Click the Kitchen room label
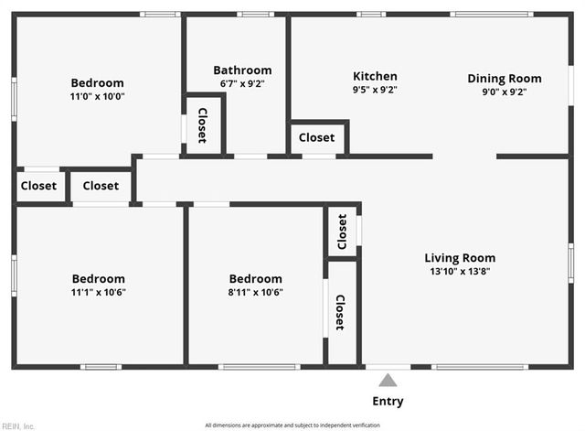[x=375, y=76]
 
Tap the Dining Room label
[x=505, y=78]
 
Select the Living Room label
[x=460, y=258]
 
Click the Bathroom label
[x=242, y=70]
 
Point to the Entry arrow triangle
[x=388, y=380]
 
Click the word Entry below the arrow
[x=388, y=401]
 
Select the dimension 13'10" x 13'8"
[x=460, y=271]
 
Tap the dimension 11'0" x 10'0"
[x=98, y=96]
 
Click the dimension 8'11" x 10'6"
[x=255, y=293]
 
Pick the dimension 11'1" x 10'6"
[x=99, y=293]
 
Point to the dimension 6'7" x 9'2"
[x=242, y=83]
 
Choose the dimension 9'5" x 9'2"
[x=375, y=90]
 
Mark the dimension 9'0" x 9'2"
[x=505, y=92]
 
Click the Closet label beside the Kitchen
[x=316, y=137]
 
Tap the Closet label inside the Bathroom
[x=202, y=125]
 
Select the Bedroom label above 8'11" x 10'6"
[x=255, y=279]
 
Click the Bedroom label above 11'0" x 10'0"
[x=98, y=82]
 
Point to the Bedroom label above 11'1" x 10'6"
[x=99, y=279]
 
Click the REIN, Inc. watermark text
[x=18, y=426]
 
